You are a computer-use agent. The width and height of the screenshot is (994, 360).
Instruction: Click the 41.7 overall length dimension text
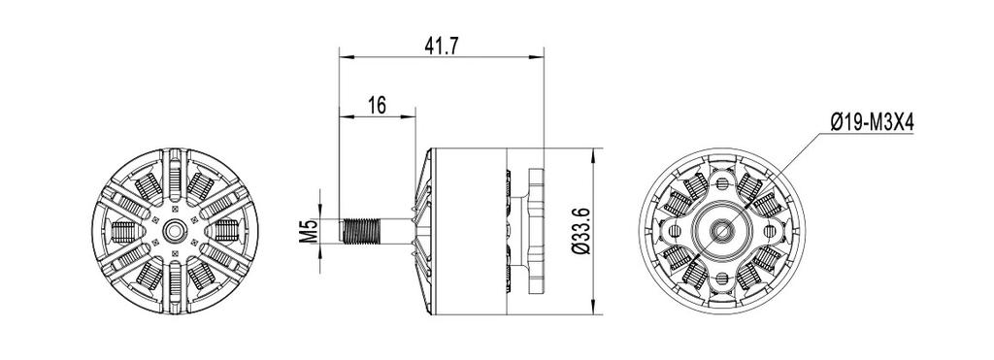(x=441, y=46)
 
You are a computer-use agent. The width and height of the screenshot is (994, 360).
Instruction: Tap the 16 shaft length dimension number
(x=377, y=105)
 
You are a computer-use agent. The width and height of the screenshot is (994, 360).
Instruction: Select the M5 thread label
(x=308, y=231)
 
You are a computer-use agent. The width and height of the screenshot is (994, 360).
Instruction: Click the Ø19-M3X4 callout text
(x=872, y=122)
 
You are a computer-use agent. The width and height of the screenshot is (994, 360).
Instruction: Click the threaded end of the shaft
(x=362, y=231)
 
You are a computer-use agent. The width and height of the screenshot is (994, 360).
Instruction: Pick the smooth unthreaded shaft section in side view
(x=397, y=231)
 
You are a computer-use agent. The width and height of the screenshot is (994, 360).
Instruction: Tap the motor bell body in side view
(x=468, y=231)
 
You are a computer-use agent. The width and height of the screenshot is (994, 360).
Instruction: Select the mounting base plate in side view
(x=536, y=231)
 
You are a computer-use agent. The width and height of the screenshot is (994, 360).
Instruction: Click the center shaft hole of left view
(x=175, y=231)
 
